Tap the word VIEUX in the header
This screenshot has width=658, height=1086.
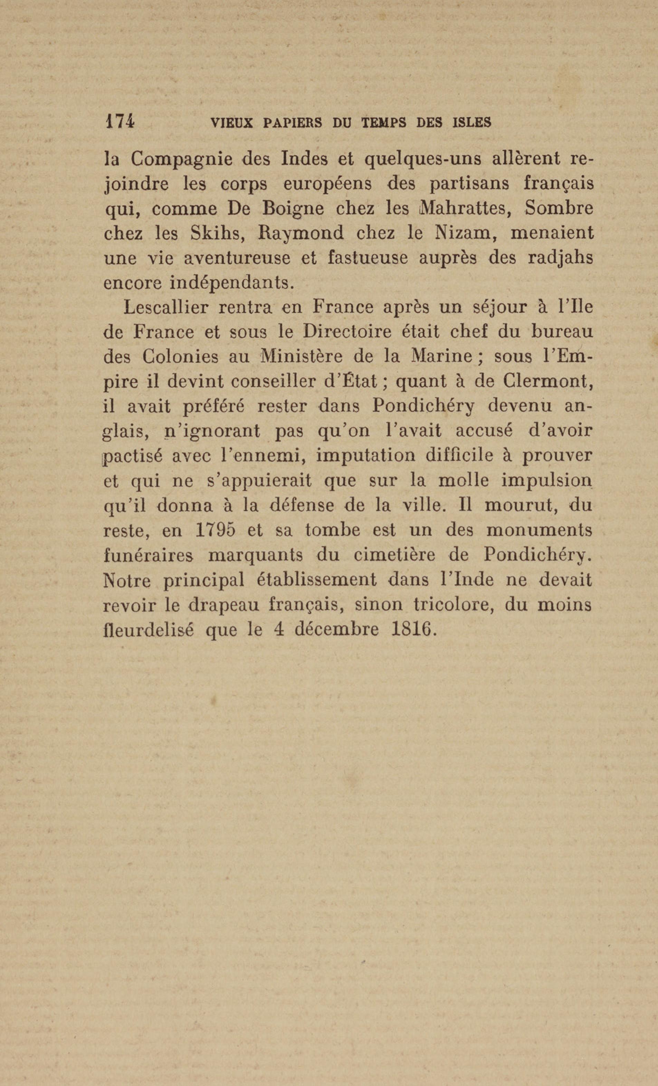pos(231,123)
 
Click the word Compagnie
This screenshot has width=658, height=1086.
pos(182,159)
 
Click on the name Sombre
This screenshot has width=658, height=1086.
pos(559,208)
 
